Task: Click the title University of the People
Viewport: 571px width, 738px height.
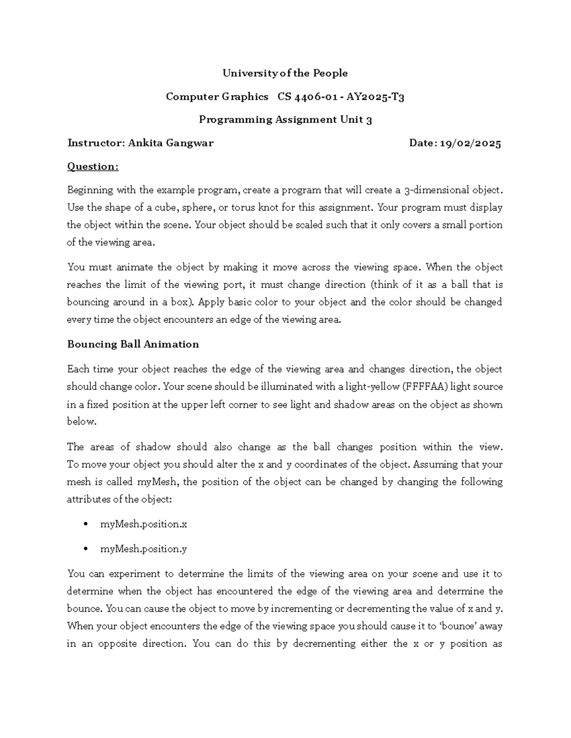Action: [x=285, y=73]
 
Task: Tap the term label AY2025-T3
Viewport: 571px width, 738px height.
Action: [x=375, y=97]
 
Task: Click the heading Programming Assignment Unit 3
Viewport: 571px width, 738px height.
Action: [x=285, y=120]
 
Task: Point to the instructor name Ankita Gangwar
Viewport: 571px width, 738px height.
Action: [x=171, y=143]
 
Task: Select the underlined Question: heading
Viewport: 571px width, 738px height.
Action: [x=92, y=166]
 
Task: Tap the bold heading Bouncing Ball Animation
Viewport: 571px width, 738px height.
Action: [x=133, y=345]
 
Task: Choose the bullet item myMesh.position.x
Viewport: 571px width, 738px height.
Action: [x=143, y=524]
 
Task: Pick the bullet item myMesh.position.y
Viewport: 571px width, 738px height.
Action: [x=143, y=549]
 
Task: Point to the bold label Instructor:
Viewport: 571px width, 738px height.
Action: [x=96, y=143]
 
